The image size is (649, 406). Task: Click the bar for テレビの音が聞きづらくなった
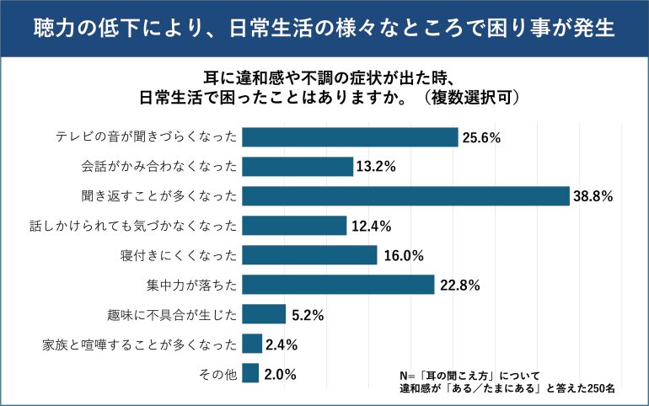click(350, 137)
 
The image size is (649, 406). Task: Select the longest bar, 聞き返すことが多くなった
click(405, 195)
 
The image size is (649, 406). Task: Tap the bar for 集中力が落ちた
click(338, 284)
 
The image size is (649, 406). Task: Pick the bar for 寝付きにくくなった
click(309, 254)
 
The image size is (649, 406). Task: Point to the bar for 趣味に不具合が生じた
click(264, 313)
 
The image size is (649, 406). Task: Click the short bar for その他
click(250, 372)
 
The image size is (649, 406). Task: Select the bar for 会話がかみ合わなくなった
click(298, 166)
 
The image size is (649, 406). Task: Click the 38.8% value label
click(593, 196)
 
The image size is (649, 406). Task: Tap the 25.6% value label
click(481, 137)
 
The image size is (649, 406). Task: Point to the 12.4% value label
click(370, 226)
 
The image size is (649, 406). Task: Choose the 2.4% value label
click(282, 344)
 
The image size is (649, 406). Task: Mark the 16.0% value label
click(401, 255)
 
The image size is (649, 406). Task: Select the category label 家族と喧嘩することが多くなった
click(140, 344)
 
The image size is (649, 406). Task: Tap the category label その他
click(217, 373)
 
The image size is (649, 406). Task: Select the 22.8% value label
click(458, 285)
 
